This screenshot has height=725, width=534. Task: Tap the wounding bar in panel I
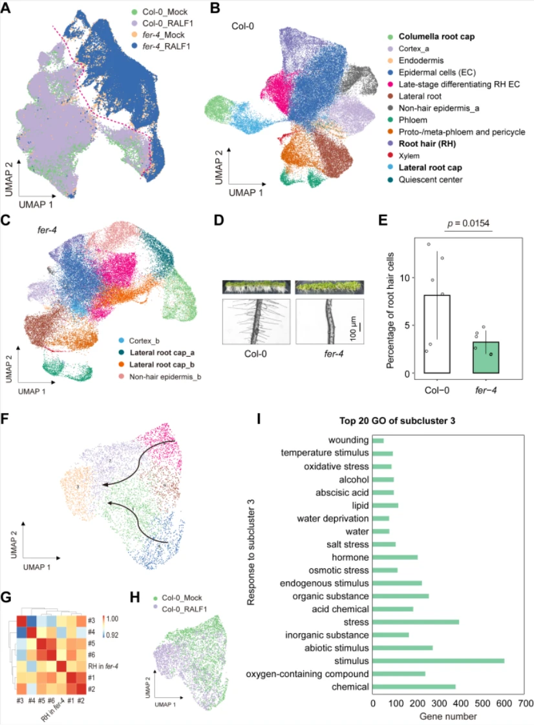(x=378, y=441)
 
